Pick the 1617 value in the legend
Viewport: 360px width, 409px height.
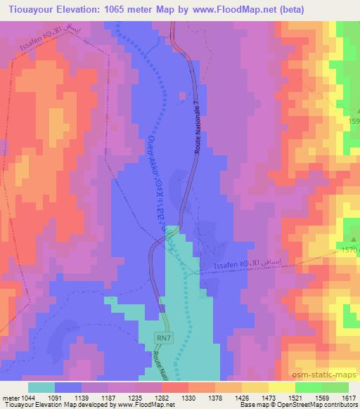coord(347,398)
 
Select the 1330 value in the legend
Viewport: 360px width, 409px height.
coord(188,398)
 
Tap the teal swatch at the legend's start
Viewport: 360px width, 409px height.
coord(41,387)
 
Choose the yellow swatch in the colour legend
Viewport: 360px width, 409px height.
coord(282,387)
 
